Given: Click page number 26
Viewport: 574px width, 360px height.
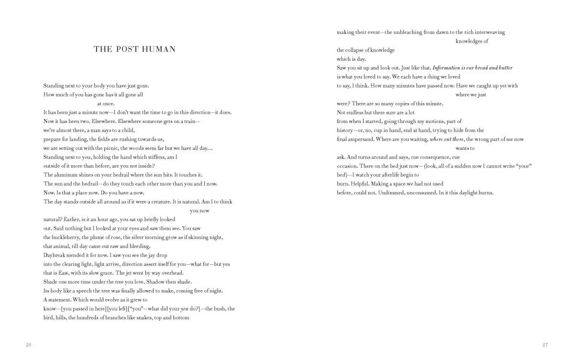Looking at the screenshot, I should (x=29, y=345).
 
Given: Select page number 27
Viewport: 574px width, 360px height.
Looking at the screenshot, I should (x=544, y=345).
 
